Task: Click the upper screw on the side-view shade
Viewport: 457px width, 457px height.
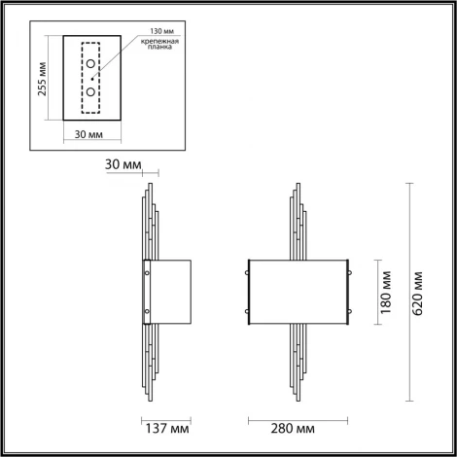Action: click(x=148, y=274)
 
